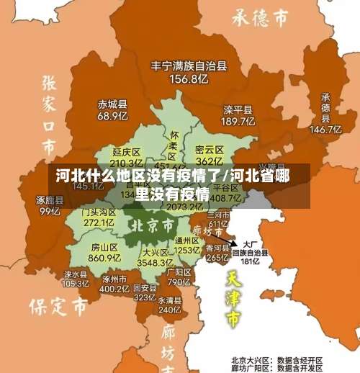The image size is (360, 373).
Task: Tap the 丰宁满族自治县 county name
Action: tap(189, 66)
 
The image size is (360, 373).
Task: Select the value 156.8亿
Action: tap(189, 79)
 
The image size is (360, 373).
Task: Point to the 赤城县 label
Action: tap(112, 103)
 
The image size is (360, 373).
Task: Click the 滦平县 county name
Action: tap(238, 110)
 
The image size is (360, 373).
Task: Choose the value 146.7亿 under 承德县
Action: tap(325, 130)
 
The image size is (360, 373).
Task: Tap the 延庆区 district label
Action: tap(127, 152)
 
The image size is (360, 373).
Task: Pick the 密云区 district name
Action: tap(209, 149)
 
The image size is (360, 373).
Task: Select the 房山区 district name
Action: tap(104, 246)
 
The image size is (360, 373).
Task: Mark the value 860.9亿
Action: tap(104, 257)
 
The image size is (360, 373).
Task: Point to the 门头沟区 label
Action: tap(99, 212)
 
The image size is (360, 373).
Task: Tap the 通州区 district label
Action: tap(186, 241)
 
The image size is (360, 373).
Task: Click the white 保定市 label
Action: tap(58, 307)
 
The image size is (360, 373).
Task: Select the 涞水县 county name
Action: tap(75, 274)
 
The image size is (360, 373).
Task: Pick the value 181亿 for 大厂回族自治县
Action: tap(250, 261)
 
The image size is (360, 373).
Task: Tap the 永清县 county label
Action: tap(170, 300)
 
